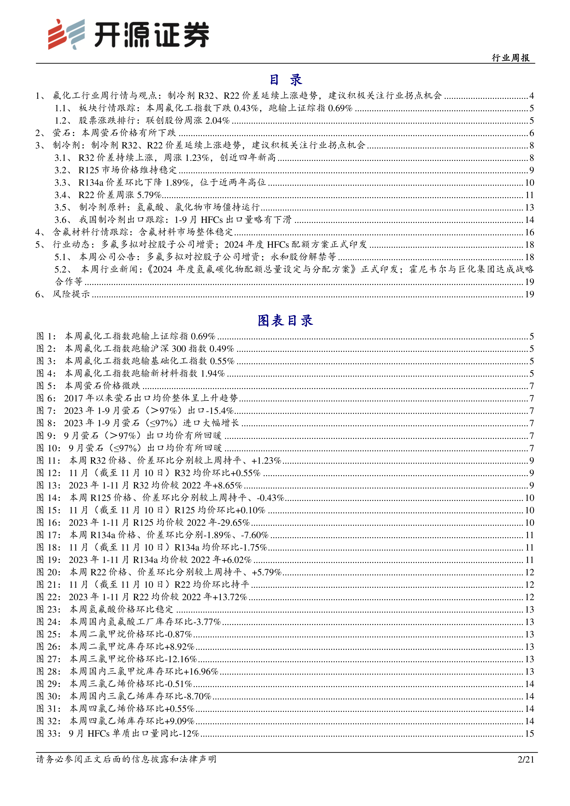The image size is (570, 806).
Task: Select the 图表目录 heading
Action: tap(285, 321)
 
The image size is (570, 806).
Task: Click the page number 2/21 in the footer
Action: tap(525, 759)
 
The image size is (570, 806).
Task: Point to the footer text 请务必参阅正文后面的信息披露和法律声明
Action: tap(126, 759)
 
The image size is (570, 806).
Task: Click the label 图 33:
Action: tap(48, 733)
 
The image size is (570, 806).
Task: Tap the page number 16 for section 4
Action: tap(529, 232)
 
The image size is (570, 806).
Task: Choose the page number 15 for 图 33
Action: tap(529, 733)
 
